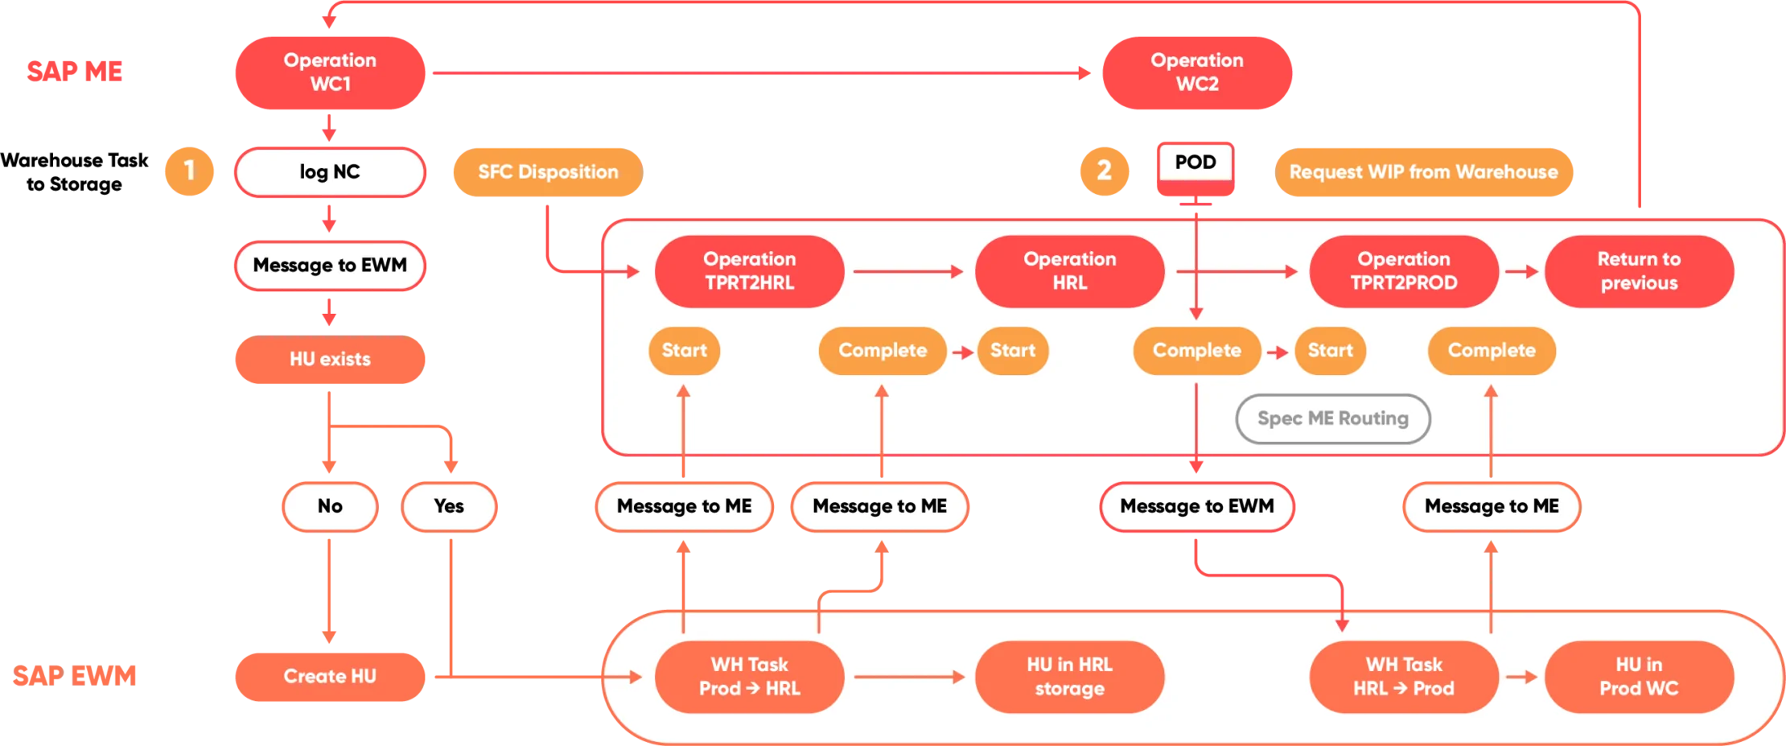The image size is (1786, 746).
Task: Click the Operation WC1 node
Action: point(329,72)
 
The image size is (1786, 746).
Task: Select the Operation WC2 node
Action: point(1196,72)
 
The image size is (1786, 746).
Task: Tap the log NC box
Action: point(329,172)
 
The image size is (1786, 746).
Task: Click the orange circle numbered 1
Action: point(189,171)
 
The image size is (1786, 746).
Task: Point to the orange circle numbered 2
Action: point(1104,171)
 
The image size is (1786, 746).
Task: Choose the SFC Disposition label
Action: point(548,172)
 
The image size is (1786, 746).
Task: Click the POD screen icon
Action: point(1195,168)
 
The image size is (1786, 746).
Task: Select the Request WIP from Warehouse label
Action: point(1423,172)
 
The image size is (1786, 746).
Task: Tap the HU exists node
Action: point(329,359)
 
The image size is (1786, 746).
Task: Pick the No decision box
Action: point(329,506)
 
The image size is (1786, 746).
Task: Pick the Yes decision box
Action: point(449,506)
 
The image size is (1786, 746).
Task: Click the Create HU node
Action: point(329,677)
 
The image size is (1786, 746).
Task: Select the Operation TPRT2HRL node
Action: point(749,271)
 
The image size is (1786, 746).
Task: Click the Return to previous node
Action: point(1639,271)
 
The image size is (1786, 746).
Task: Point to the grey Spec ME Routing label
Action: point(1332,418)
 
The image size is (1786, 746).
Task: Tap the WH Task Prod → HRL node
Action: point(749,677)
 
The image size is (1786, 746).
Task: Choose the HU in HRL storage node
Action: point(1069,677)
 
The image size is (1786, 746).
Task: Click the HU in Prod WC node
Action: point(1639,677)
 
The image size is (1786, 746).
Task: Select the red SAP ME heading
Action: point(74,71)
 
